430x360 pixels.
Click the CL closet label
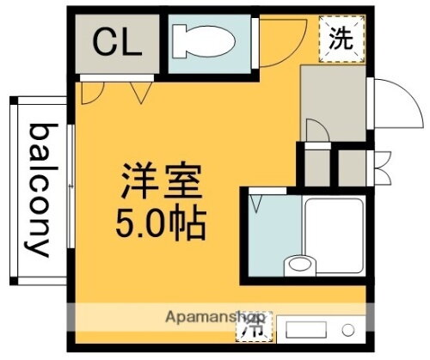(x=117, y=42)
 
